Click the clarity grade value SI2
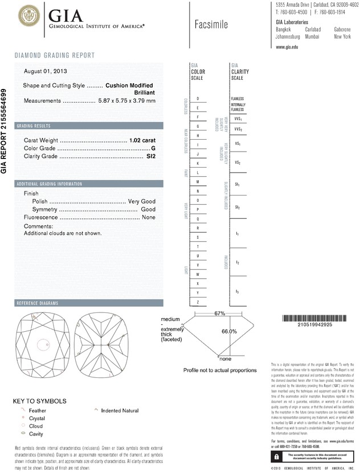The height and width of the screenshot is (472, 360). [x=150, y=156]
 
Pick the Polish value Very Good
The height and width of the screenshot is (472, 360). [x=141, y=202]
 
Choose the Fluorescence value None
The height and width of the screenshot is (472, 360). [x=149, y=218]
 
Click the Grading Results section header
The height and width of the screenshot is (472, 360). [x=34, y=125]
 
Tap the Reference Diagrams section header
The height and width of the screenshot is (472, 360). [x=39, y=303]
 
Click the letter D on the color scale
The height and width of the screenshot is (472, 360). [x=197, y=99]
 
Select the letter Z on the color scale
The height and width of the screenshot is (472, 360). [x=197, y=302]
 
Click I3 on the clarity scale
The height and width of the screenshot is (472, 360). [x=237, y=291]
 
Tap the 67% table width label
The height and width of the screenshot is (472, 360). [x=220, y=314]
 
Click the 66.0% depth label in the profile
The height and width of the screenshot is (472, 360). [x=228, y=331]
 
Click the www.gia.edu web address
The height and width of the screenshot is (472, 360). [x=287, y=47]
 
